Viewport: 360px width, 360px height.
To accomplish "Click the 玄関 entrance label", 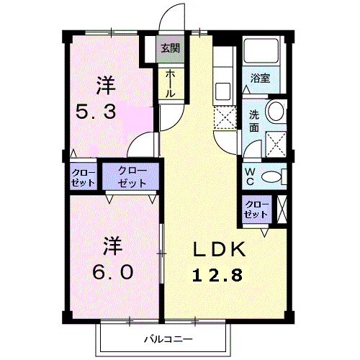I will coord(170,49).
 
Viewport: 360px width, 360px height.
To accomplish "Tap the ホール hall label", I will coord(170,84).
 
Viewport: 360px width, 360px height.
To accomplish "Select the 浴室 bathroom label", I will coord(261,78).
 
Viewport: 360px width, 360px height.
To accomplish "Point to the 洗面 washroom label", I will coord(255,120).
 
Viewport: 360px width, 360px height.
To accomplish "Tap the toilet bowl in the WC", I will coord(271,176).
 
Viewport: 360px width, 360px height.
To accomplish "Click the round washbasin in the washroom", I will coord(275,112).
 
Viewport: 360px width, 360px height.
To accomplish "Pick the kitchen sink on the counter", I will coord(222,91).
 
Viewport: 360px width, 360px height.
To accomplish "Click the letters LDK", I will coord(218,250).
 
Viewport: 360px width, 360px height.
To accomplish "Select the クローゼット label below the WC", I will coord(256,210).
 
